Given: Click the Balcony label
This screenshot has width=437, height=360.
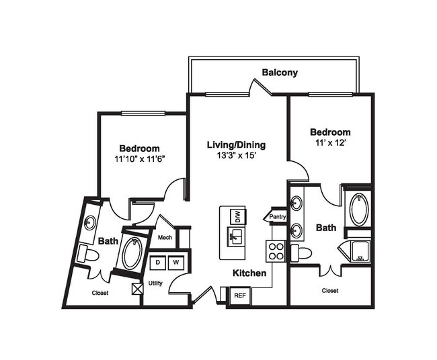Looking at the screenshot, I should point(280,73).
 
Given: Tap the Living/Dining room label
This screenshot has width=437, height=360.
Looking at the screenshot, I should point(236,144).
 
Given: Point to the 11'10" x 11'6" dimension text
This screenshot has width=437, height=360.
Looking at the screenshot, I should point(139,160).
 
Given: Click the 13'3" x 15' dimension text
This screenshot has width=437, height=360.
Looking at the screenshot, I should point(236,156).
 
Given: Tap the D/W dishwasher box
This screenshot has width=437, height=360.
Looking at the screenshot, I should point(237,216).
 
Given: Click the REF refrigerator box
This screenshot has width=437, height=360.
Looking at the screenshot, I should point(239,295).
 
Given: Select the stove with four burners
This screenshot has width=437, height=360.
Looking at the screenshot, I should point(276,251).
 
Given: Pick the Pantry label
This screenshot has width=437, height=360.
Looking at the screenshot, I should point(277,217).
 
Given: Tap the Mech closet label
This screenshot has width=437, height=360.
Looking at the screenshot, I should point(165,237).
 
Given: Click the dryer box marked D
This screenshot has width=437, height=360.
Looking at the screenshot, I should point(159,262).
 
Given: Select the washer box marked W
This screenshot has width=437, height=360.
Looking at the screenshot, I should point(175,262).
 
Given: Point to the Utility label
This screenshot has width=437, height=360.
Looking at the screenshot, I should point(155,283).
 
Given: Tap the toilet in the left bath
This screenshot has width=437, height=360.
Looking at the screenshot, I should point(87,254).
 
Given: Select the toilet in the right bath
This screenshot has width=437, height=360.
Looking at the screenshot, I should point(302,253).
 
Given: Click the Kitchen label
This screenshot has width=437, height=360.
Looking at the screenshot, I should point(249,274).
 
